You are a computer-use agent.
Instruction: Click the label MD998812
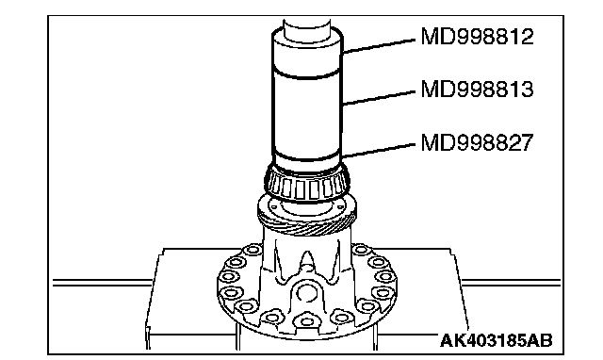[x=478, y=37]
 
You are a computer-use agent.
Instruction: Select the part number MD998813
[x=478, y=90]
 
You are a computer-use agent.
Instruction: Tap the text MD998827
[x=478, y=142]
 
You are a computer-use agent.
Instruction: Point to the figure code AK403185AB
[x=497, y=340]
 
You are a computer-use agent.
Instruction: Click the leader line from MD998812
[x=379, y=46]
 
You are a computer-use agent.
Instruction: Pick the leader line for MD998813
[x=379, y=98]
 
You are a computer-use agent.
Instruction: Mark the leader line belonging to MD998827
[x=379, y=151]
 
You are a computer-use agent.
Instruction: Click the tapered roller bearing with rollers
[x=307, y=184]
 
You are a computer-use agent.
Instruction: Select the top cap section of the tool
[x=307, y=52]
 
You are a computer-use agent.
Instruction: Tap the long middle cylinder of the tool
[x=307, y=115]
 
